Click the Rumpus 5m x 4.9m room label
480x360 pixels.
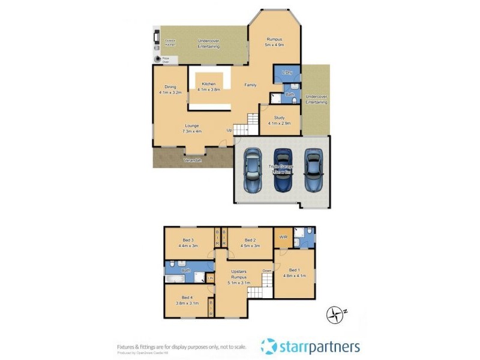pyautogui.click(x=275, y=42)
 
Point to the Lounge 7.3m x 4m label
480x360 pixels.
pyautogui.click(x=191, y=128)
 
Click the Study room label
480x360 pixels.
pyautogui.click(x=279, y=120)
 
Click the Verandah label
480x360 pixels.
pyautogui.click(x=192, y=161)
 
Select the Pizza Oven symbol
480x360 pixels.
pyautogui.click(x=158, y=59)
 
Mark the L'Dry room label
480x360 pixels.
pyautogui.click(x=286, y=73)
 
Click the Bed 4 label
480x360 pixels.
pyautogui.click(x=187, y=300)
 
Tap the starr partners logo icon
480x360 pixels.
pyautogui.click(x=268, y=346)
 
